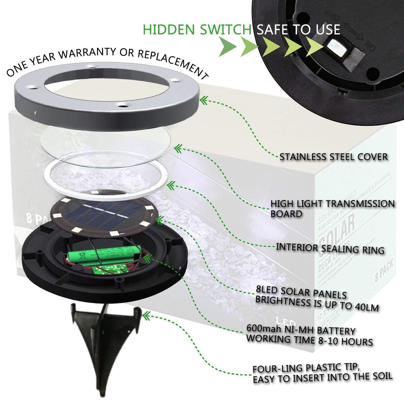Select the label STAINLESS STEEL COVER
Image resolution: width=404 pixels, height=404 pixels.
coord(333,157)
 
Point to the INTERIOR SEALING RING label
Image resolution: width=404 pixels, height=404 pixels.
coord(330,248)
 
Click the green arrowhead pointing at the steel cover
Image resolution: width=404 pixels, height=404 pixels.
coord(204,100)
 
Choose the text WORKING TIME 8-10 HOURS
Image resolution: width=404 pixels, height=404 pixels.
coord(310,340)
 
